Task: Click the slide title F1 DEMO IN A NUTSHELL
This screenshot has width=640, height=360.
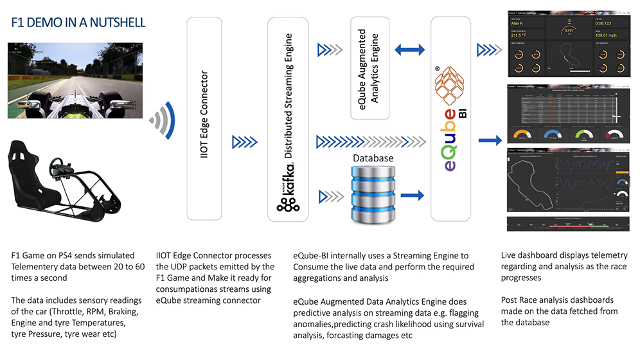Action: [78, 22]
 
